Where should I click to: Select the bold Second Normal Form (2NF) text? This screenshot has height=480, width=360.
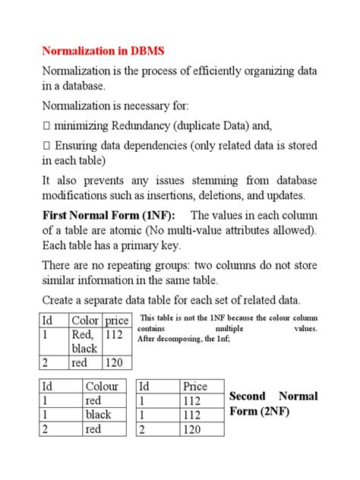click(273, 404)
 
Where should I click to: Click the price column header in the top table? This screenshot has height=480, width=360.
click(117, 321)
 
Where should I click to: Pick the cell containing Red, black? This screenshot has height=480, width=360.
click(85, 341)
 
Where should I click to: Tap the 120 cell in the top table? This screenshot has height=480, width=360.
click(115, 362)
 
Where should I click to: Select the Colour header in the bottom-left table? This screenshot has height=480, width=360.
click(102, 387)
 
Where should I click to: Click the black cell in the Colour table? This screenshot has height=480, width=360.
click(99, 415)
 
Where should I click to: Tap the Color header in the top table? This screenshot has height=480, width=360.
click(85, 321)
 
